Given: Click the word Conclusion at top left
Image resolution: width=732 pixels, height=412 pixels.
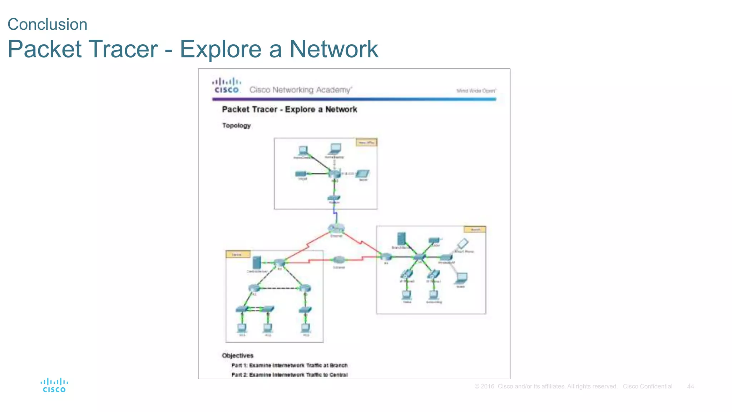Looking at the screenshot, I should coord(48,25).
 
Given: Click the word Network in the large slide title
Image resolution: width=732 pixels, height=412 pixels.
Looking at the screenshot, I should coord(333,49).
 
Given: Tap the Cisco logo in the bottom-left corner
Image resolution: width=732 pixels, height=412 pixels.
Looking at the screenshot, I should coord(54,385).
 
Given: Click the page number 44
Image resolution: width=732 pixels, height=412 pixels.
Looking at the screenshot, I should coord(690,387).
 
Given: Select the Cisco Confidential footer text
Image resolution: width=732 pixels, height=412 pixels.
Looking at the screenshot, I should coord(647,387).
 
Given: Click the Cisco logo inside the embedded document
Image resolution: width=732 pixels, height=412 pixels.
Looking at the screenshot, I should coord(227,86).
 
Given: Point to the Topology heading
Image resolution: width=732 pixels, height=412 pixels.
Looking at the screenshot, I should coord(236,126).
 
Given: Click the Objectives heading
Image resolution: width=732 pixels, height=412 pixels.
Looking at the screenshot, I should coord(237,355).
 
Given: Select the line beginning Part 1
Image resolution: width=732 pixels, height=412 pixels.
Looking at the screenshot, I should coord(289,365).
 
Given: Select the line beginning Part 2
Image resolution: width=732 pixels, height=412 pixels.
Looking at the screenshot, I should coord(289,374).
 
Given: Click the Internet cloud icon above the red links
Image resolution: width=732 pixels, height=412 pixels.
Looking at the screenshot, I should coord(336,228).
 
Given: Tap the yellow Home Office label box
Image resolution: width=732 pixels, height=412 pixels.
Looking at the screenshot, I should coord(366,142).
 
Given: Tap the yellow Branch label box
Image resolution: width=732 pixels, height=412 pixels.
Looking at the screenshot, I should coord(475,229).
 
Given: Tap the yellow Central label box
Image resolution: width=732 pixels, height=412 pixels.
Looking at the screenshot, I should coord(237,254).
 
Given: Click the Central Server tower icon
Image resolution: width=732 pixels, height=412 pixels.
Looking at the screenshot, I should coord(257,263).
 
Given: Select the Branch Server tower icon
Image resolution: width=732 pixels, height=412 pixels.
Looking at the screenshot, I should coord(401,239).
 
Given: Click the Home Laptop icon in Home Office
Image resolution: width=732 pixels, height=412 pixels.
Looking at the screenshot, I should coord(335,148).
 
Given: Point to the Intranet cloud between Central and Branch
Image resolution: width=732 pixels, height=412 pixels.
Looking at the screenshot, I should coord(338,260).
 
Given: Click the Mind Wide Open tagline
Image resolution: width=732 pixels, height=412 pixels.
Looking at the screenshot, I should coord(476,91).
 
